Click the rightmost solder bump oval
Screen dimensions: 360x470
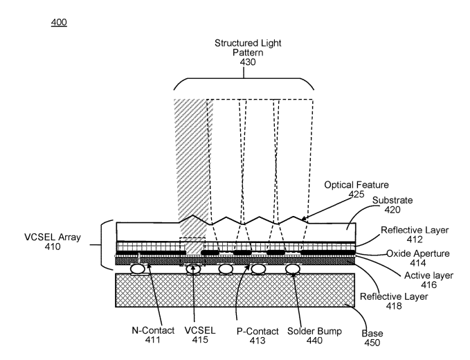[x=293, y=268]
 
